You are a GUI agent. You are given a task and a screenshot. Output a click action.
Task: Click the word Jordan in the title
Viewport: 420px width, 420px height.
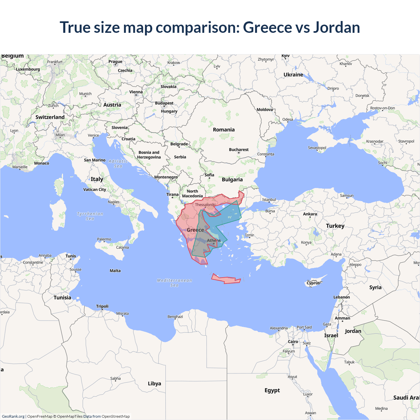(x=336, y=27)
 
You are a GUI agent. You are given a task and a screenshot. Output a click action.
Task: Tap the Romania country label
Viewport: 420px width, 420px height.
(x=224, y=130)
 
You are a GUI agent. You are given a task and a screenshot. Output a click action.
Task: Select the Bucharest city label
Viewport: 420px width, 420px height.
(x=239, y=150)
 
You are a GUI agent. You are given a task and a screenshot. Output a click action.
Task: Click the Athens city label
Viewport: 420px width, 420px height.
(x=214, y=241)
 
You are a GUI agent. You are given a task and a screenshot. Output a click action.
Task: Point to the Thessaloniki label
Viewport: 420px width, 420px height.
(x=205, y=205)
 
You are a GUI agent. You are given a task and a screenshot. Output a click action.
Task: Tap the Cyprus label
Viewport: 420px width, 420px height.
(x=313, y=283)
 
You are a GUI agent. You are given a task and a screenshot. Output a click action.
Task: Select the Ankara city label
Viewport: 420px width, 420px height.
(x=310, y=214)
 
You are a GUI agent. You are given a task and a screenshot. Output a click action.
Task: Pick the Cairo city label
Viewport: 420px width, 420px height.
(x=293, y=342)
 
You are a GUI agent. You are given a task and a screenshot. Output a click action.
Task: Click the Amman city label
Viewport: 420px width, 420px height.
(x=342, y=318)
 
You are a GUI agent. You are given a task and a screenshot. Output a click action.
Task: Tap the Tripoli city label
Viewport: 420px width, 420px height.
(x=102, y=306)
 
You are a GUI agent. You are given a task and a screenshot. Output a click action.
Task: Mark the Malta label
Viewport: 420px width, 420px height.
(x=115, y=271)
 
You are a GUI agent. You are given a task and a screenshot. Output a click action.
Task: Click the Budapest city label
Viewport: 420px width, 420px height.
(x=164, y=103)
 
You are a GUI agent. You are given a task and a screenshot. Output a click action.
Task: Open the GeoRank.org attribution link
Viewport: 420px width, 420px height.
(x=13, y=416)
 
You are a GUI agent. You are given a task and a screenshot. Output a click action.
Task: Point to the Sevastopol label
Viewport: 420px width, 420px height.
(x=317, y=148)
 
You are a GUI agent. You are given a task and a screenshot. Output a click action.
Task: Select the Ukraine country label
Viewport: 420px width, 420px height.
(x=293, y=75)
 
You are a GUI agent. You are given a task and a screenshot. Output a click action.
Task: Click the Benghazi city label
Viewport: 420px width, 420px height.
(x=175, y=317)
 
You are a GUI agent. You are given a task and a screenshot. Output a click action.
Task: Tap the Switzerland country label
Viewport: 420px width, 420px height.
(x=50, y=117)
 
